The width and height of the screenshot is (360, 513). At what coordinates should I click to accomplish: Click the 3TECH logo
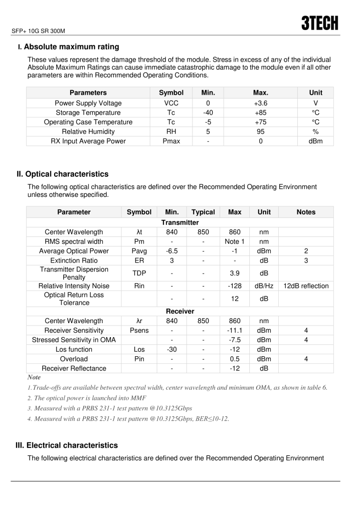pyautogui.click(x=319, y=23)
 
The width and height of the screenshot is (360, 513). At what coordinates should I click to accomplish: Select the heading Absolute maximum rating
pyautogui.click(x=71, y=47)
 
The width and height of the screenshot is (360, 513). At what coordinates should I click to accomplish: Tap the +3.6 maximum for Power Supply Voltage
pyautogui.click(x=261, y=103)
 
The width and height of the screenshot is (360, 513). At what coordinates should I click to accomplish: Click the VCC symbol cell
pyautogui.click(x=171, y=103)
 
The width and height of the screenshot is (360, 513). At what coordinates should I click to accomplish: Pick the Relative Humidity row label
pyautogui.click(x=88, y=132)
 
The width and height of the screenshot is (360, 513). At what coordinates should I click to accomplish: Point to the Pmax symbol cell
pyautogui.click(x=171, y=141)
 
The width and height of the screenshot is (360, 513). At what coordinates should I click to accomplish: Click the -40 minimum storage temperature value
pyautogui.click(x=208, y=113)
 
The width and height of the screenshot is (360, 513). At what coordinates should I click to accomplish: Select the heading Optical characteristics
pyautogui.click(x=67, y=174)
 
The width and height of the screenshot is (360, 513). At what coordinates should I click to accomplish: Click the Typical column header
pyautogui.click(x=203, y=212)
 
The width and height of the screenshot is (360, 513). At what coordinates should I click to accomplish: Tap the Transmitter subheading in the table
pyautogui.click(x=179, y=222)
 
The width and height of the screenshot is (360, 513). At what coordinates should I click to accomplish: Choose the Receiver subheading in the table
pyautogui.click(x=179, y=311)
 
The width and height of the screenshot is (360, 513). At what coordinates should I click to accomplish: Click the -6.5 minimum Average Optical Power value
pyautogui.click(x=172, y=251)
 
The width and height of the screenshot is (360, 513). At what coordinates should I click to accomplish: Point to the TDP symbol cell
pyautogui.click(x=139, y=273)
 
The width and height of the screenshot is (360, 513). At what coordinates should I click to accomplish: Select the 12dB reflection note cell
pyautogui.click(x=306, y=286)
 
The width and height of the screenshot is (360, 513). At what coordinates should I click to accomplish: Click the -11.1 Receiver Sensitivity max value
pyautogui.click(x=235, y=331)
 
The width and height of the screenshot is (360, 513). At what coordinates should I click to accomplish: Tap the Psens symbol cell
pyautogui.click(x=139, y=331)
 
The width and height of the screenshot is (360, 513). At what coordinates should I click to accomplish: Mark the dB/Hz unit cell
pyautogui.click(x=264, y=286)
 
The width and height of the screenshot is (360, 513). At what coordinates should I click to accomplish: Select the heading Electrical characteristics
pyautogui.click(x=72, y=445)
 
